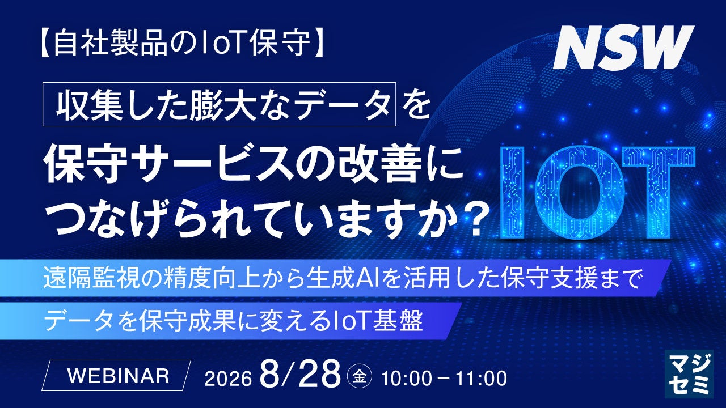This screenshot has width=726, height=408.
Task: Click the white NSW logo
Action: [623, 47]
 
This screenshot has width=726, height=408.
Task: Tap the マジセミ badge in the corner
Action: [689, 373]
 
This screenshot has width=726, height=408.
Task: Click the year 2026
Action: [228, 378]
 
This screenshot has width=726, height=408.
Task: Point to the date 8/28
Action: [301, 375]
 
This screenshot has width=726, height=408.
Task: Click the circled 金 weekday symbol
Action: [360, 377]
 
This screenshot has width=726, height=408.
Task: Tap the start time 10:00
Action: [406, 378]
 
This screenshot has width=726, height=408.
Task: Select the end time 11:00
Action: [482, 378]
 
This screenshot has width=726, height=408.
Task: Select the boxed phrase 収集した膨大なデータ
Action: [219, 104]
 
